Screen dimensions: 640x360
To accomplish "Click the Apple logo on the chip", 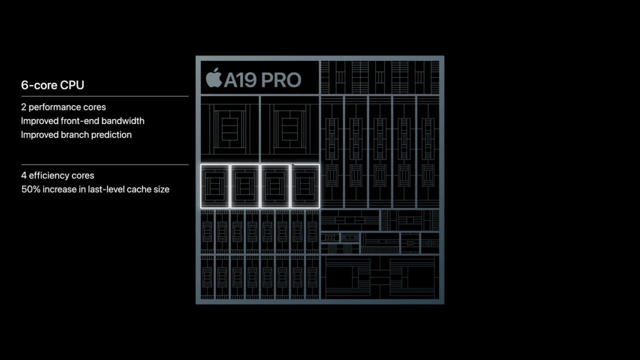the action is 214,77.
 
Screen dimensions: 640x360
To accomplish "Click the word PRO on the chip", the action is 281,79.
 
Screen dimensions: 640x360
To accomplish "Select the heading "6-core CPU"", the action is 52,85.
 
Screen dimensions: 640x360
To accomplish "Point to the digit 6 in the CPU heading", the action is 24,85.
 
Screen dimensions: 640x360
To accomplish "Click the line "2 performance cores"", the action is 63,107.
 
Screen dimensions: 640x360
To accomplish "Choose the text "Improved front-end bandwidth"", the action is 82,121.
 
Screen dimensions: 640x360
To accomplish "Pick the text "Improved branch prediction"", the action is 76,134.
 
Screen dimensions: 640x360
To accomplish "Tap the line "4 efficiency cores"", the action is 57,175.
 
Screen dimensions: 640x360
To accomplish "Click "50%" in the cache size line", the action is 31,189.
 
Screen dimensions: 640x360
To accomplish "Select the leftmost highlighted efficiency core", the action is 215,186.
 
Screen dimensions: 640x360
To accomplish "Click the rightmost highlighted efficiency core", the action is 305,186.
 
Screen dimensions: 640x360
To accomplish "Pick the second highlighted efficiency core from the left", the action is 245,186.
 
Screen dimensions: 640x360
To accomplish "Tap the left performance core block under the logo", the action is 229,129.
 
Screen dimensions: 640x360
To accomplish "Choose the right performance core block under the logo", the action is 290,129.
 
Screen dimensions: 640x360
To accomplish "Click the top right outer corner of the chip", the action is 444,55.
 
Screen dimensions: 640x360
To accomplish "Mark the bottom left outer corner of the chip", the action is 195,304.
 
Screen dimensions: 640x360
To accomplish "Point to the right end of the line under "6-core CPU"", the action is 188,96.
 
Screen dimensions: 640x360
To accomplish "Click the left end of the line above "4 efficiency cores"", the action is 21,164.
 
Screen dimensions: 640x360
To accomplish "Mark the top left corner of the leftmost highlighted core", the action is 200,164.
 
